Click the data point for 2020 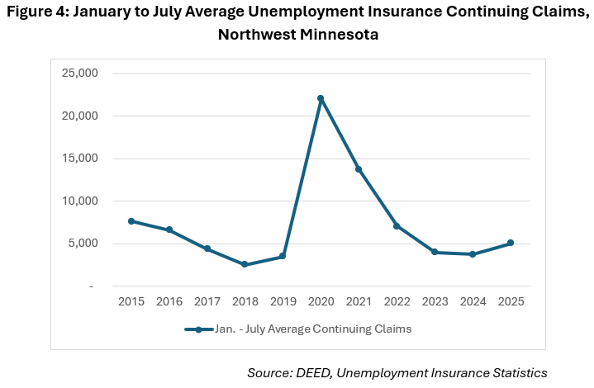click(321, 98)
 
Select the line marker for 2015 click(131, 221)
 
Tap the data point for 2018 click(245, 264)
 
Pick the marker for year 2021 click(359, 169)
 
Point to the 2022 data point click(397, 226)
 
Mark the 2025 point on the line click(511, 243)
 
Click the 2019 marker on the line click(283, 256)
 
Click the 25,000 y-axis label click(80, 73)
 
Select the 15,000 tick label click(80, 159)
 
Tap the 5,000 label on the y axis click(83, 244)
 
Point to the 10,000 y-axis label click(80, 201)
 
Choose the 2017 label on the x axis click(207, 302)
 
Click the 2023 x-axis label click(435, 302)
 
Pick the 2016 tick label click(169, 302)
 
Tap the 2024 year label click(473, 302)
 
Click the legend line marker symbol click(199, 329)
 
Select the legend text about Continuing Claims click(313, 329)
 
